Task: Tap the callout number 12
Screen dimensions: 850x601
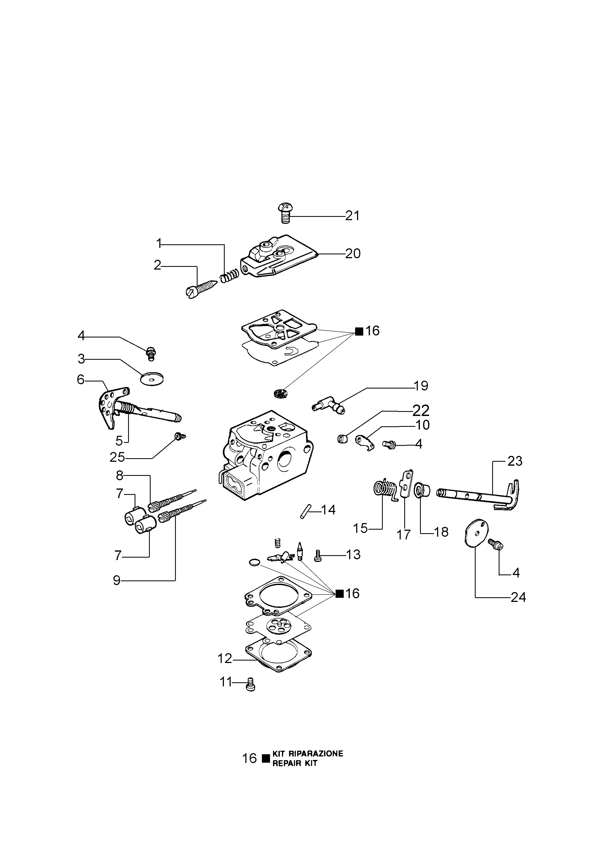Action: pyautogui.click(x=224, y=659)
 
